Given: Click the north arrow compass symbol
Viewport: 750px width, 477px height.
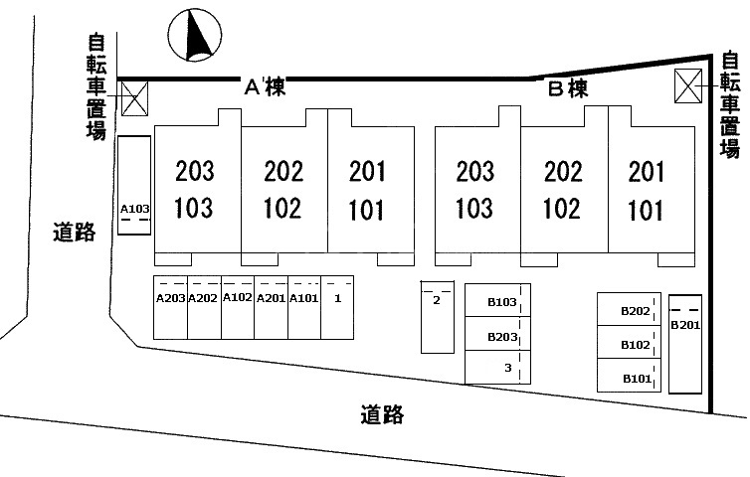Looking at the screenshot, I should coord(196,35).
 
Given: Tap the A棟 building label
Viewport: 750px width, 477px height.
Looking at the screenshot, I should coord(265,89).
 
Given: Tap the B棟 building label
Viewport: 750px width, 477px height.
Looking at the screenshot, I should coord(569,89).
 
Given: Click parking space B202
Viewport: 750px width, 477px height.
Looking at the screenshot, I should coord(635,310).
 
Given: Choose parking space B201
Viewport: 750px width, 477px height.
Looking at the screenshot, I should coord(685,343).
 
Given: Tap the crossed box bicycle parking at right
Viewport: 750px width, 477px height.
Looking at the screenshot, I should coord(688,86).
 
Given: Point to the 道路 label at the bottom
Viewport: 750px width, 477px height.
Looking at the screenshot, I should coord(381,414).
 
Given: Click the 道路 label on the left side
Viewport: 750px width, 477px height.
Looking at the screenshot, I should coord(74,233).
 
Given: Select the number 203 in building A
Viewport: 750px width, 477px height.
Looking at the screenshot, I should coord(194,172).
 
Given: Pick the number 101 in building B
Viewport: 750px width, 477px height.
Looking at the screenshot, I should coord(647,210).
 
